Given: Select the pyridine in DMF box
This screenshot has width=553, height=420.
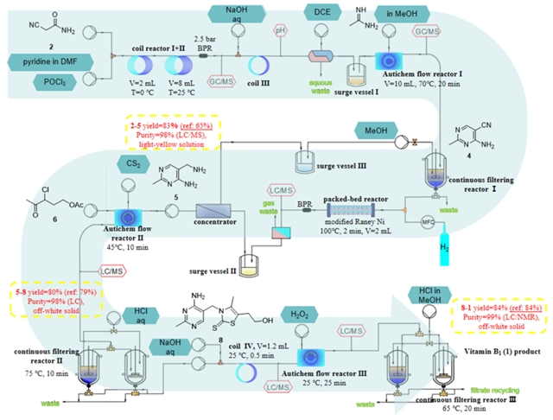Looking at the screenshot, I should point(51,62).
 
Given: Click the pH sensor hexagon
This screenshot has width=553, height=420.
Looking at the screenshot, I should point(279,30).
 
